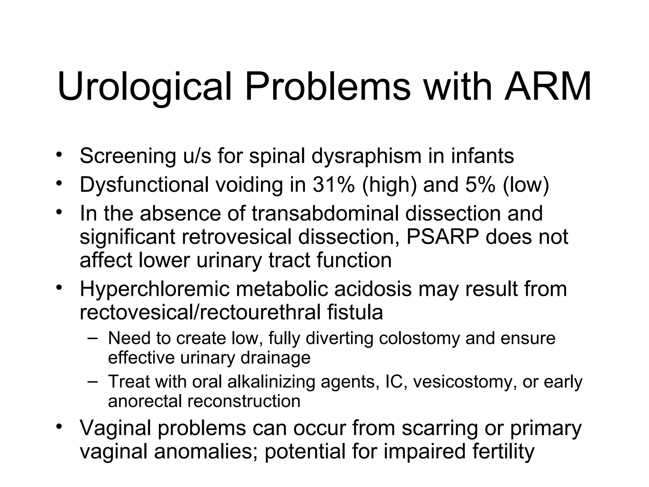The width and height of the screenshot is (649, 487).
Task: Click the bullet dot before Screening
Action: tap(58, 155)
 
